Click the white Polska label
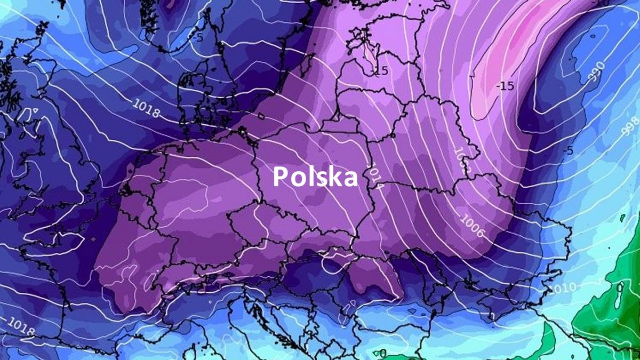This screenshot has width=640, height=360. coord(315,177)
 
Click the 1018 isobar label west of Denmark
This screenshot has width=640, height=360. coord(146,109)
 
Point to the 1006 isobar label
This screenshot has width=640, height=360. coord(471,225)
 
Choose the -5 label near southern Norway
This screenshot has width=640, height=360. coord(198,37)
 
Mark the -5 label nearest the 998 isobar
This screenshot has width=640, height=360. coord(567,150)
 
